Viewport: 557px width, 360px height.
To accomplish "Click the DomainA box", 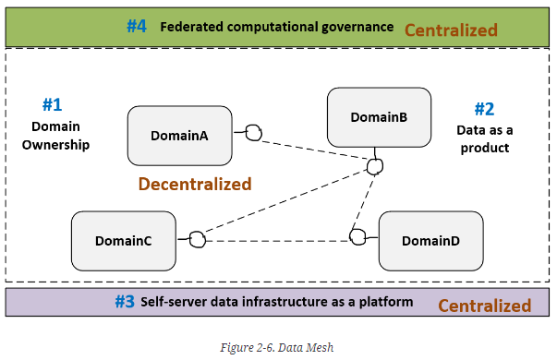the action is pos(180,136).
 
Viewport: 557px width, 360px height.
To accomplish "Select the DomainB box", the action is pos(379,117).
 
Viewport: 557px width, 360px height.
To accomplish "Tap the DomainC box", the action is pos(124,241).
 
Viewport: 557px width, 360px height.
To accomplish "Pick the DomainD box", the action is pos(430,241).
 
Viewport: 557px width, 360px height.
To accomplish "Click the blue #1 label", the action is pos(53,104).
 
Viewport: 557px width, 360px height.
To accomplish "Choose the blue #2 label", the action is pos(485,109).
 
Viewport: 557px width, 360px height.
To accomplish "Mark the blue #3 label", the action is pos(125,302).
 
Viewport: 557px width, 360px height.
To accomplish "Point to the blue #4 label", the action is pos(137,26).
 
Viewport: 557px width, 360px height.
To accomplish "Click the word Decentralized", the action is pos(195,184).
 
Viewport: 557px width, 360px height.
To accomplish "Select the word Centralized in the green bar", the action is pos(451,30).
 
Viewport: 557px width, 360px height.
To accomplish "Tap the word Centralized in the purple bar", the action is pos(485,306).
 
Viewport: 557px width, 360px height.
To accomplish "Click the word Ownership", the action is pos(55,145).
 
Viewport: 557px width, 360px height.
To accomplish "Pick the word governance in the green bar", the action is pos(357,28).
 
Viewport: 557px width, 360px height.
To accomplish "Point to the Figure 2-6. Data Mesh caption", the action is pos(277,347).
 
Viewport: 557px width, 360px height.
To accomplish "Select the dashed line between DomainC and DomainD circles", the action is pos(277,241).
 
